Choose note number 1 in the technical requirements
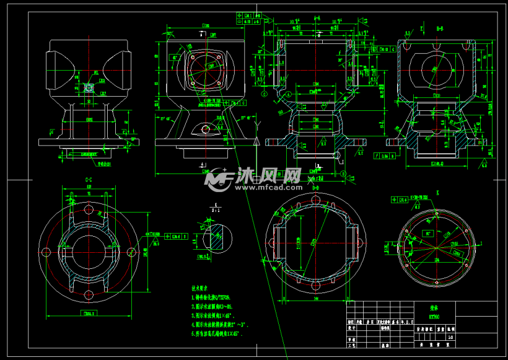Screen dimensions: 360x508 214,297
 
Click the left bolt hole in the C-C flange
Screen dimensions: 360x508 46,252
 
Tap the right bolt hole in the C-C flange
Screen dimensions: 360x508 131,252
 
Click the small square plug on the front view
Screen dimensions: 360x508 89,88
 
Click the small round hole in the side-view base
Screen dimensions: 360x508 205,130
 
